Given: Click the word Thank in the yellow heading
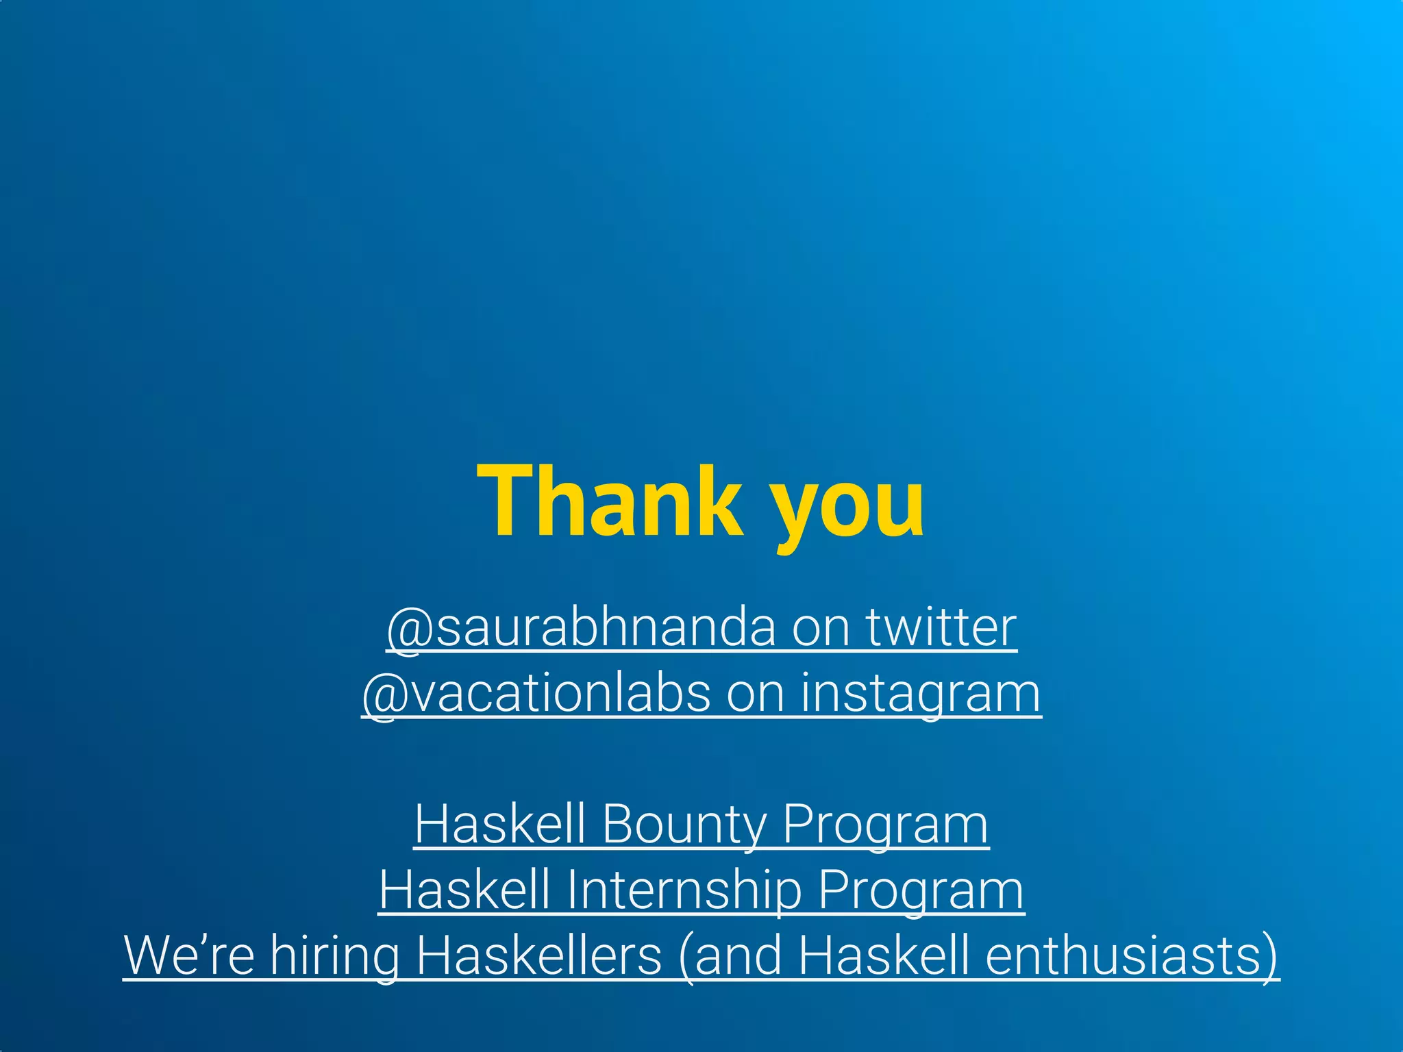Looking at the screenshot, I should coord(610,501).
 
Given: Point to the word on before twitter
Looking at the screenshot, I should coord(820,629).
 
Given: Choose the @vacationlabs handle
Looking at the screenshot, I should coord(536,694).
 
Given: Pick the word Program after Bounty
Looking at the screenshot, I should coord(885,825).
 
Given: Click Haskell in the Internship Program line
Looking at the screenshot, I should coord(464,890).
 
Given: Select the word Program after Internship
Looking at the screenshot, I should coord(921,890).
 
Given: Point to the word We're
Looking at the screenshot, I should coord(189,955).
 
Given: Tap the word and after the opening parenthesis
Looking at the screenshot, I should coord(736,955).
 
